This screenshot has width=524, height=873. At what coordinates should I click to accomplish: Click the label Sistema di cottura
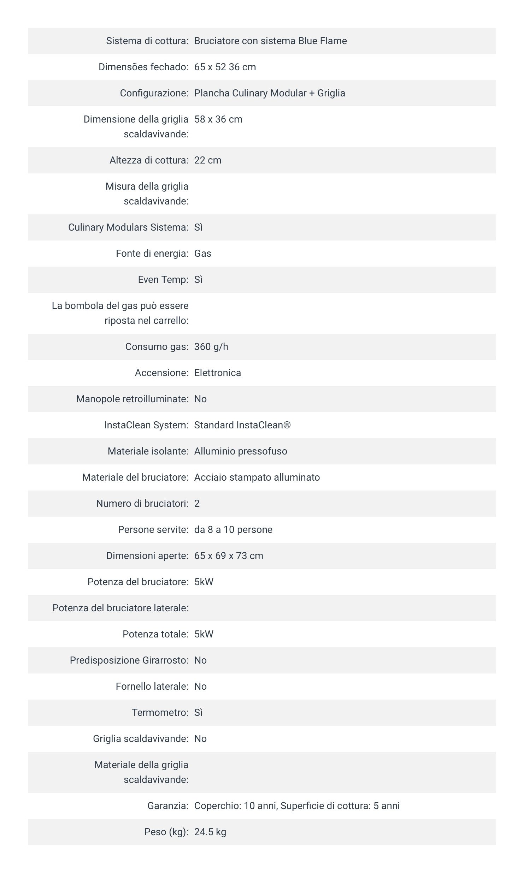(x=147, y=41)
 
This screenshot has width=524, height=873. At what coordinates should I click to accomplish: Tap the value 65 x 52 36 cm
(x=225, y=67)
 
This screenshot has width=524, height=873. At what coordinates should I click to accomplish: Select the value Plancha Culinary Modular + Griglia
(x=270, y=93)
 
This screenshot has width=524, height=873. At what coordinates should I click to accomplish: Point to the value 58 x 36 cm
(x=218, y=119)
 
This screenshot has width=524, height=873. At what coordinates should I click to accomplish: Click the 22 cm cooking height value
(x=208, y=160)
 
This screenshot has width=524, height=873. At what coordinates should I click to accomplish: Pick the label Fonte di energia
(x=152, y=254)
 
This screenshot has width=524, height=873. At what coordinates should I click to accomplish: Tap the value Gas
(x=203, y=254)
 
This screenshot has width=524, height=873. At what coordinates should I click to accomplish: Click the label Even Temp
(x=163, y=280)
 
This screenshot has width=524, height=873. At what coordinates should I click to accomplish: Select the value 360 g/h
(x=211, y=347)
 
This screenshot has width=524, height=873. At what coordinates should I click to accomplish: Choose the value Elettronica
(x=218, y=373)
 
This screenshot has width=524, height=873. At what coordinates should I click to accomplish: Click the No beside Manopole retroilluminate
(x=200, y=399)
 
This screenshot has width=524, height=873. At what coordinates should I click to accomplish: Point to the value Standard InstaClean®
(x=242, y=425)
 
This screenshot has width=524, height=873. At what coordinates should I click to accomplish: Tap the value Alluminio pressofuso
(x=241, y=451)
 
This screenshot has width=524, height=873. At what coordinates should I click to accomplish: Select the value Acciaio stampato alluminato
(x=257, y=477)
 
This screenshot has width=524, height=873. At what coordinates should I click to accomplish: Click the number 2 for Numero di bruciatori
(x=197, y=504)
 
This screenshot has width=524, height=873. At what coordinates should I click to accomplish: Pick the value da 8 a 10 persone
(x=233, y=530)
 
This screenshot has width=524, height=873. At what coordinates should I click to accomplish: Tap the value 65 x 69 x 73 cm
(x=229, y=556)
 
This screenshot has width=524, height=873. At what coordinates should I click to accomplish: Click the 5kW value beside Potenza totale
(x=204, y=634)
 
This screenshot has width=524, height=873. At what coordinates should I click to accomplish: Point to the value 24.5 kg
(x=210, y=832)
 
